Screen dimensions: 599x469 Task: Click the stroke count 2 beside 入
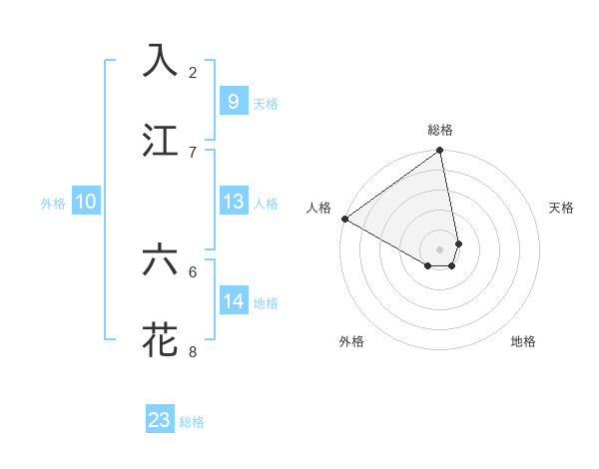coord(193,72)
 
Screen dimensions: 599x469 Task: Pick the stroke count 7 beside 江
coord(193,152)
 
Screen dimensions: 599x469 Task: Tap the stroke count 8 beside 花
coord(193,351)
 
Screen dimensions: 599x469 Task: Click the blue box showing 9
coord(233,102)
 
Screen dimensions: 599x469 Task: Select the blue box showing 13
coord(233,202)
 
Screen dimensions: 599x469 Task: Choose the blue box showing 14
coord(233,301)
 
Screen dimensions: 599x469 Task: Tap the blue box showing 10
coord(86,202)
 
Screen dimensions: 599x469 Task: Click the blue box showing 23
coord(160,420)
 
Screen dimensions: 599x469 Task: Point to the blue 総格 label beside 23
coord(192,422)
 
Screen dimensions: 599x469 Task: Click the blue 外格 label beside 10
coord(53,204)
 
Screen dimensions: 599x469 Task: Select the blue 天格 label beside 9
coord(265,104)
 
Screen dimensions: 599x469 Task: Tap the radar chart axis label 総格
coord(440,130)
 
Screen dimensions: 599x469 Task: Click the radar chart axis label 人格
coord(318,208)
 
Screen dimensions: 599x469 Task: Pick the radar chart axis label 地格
coord(523,341)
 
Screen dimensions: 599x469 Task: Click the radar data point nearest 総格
coord(440,152)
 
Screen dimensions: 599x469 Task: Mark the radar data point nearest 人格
coord(344,219)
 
